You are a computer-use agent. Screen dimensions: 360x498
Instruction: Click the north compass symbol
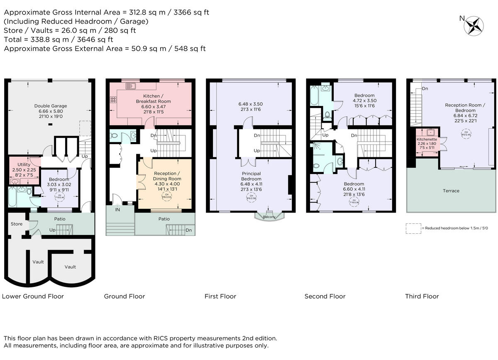tap(474, 26)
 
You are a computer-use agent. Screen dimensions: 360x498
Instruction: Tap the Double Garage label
tap(51, 106)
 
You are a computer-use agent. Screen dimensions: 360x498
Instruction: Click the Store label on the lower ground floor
tap(17, 224)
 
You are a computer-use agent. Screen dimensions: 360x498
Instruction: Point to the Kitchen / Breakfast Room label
tap(153, 99)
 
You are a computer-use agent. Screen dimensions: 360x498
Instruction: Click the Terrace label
tap(451, 191)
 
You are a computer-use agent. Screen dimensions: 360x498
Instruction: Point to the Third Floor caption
tap(422, 296)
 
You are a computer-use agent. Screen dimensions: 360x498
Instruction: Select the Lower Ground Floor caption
tap(33, 296)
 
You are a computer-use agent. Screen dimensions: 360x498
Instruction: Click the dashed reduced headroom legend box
tap(413, 228)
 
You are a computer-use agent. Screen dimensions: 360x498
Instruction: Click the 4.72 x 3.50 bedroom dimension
tap(365, 100)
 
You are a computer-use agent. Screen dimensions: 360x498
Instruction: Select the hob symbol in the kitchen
tap(112, 100)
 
